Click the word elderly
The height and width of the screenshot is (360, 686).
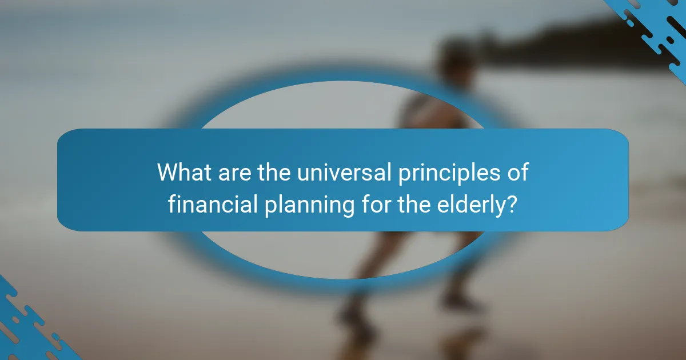coord(473,204)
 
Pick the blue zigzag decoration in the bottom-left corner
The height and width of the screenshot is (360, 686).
coord(29,326)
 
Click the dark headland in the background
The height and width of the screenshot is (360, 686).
coord(572,40)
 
